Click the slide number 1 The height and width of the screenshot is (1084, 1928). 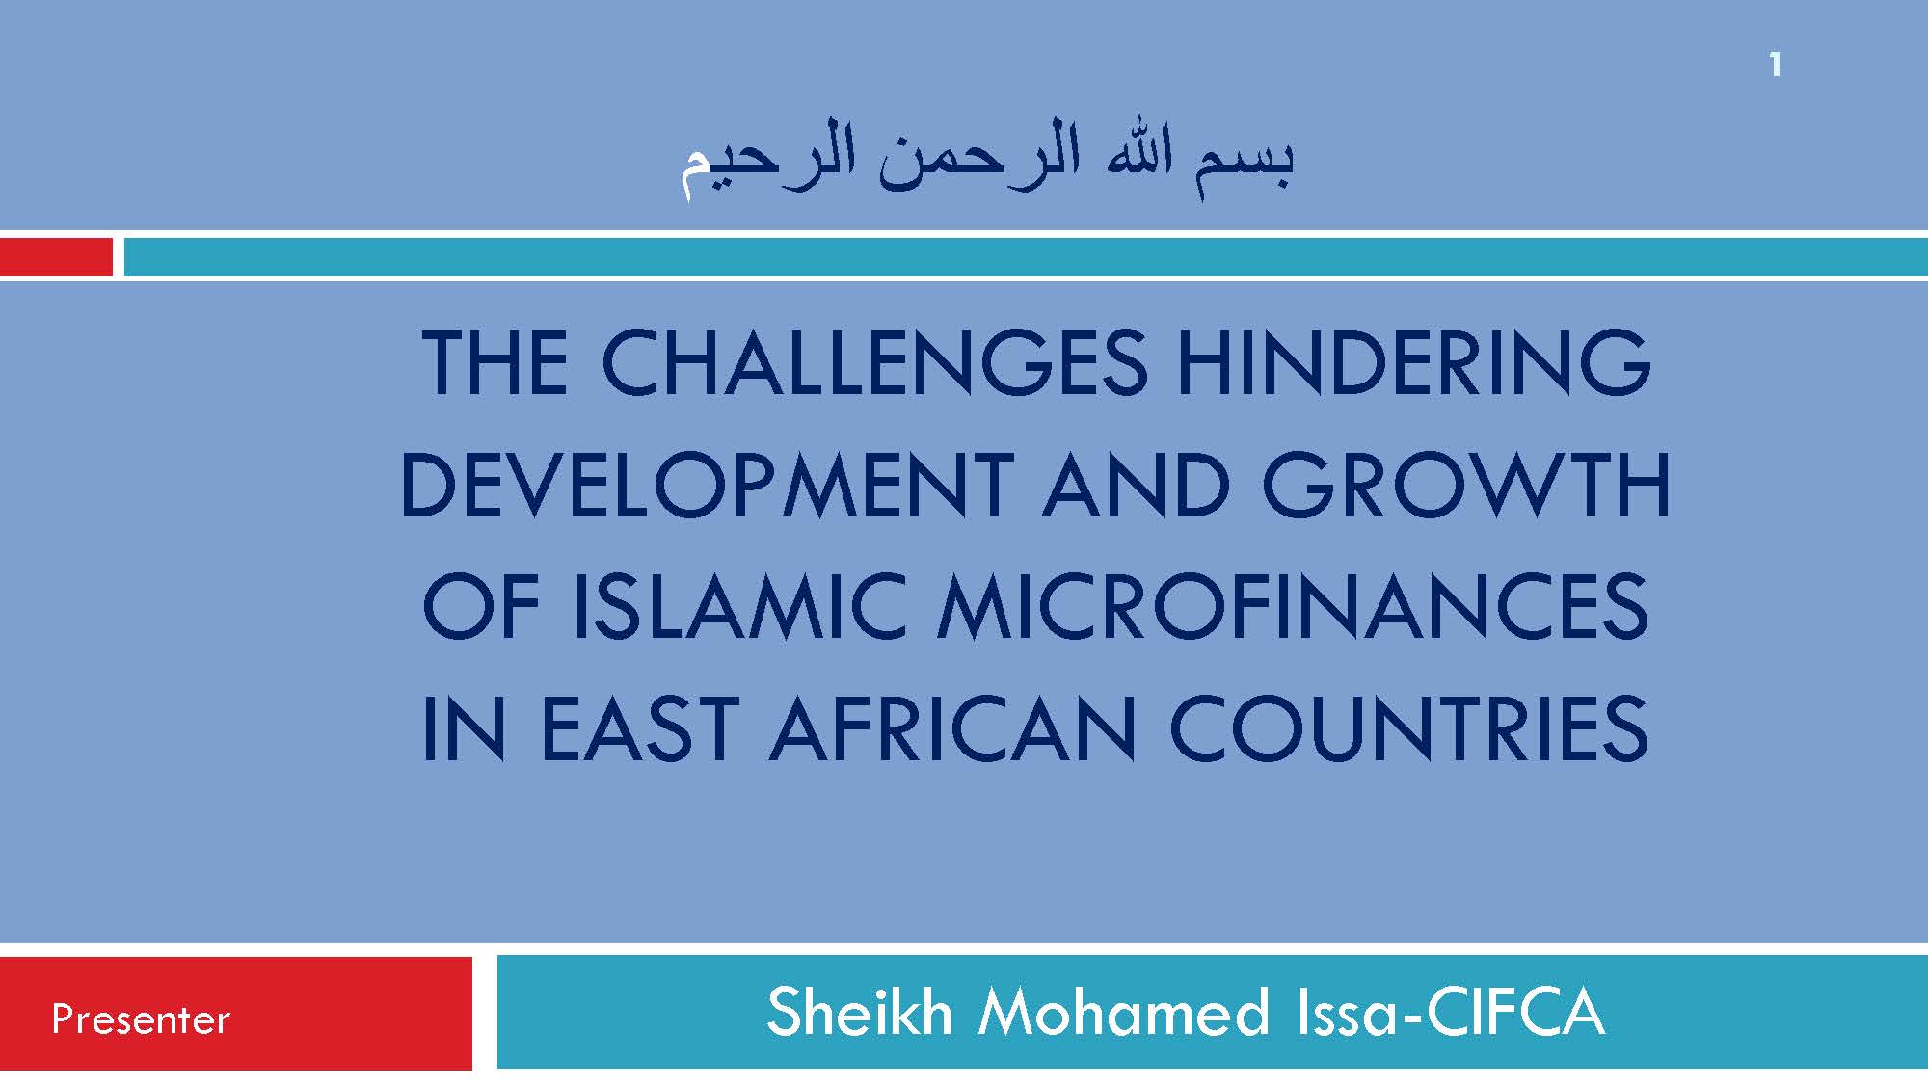[x=1775, y=66]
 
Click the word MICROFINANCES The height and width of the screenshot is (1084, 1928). [x=1294, y=607]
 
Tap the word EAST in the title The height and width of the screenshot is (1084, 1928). [x=639, y=728]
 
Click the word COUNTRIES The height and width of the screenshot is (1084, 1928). [x=1409, y=728]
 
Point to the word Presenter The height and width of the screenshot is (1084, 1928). [x=141, y=1019]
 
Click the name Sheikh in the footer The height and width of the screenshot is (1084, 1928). [x=860, y=1012]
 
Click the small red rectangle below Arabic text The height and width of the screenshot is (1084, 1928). [x=56, y=257]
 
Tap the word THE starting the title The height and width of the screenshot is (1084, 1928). [x=495, y=363]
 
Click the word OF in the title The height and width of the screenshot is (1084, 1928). [x=481, y=607]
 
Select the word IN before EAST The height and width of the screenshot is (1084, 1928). [x=464, y=728]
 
